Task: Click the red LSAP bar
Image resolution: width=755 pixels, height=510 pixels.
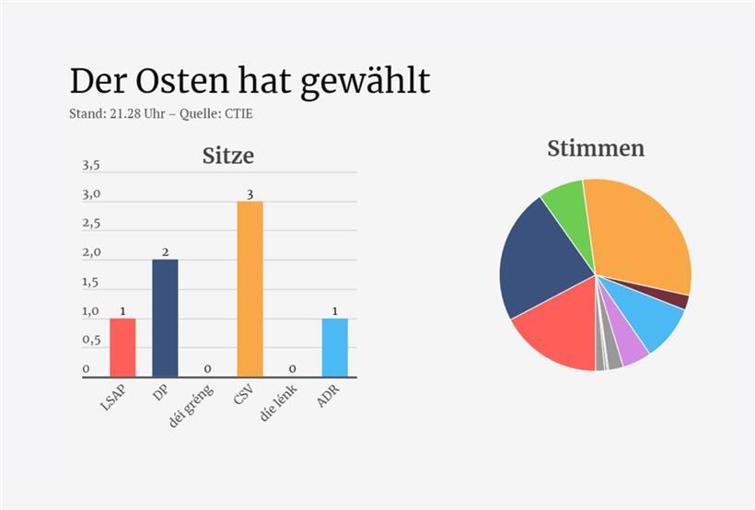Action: coord(122,347)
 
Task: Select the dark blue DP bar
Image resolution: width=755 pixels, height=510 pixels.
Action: coord(165,318)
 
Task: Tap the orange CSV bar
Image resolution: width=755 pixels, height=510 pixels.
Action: coord(250,288)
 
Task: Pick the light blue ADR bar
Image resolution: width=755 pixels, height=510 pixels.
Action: coord(335,347)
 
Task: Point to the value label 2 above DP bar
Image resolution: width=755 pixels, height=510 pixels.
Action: coord(165,252)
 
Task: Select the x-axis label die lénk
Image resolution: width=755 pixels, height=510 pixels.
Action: coord(279,405)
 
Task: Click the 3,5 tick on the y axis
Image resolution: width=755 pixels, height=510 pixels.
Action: coord(91,166)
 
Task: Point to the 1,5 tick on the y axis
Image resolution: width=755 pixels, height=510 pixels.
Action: coord(91,283)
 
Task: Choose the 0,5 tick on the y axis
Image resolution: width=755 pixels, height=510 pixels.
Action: coord(91,341)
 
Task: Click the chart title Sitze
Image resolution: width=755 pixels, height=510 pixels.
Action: coord(227,156)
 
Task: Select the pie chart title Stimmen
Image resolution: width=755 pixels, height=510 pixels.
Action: coord(595,148)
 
